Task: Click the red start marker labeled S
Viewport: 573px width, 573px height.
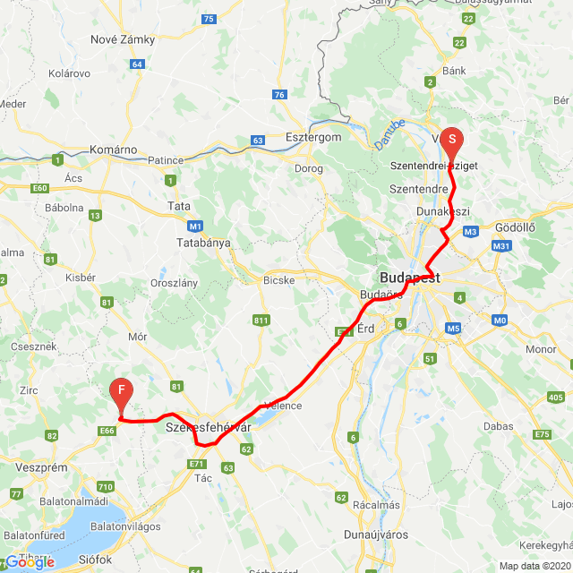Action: coord(452,140)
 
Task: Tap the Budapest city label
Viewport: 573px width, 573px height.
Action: coord(409,278)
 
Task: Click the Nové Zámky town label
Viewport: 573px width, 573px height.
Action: coord(123,39)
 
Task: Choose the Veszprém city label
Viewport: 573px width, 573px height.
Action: coord(41,467)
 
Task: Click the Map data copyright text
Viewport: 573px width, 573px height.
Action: coord(534,566)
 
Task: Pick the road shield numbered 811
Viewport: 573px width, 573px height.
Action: coord(261,320)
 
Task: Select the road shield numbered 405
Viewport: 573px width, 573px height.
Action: coord(555,397)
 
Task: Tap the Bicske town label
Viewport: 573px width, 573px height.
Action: coord(278,279)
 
